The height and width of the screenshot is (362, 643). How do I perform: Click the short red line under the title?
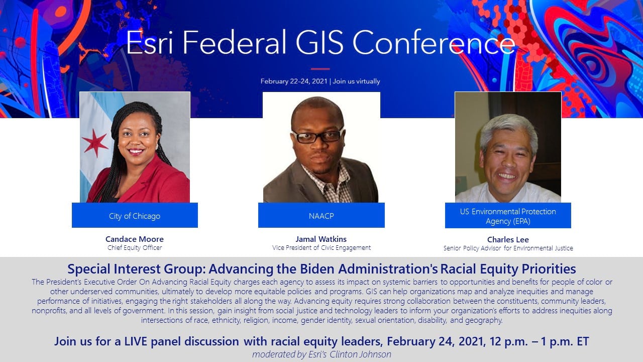point(320,68)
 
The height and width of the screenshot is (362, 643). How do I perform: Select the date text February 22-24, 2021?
point(293,81)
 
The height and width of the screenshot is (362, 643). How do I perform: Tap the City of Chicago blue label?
point(135,216)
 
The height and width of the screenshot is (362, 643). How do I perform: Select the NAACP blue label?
point(321,216)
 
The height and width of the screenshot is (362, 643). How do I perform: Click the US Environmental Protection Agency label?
point(508,216)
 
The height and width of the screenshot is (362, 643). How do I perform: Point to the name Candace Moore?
point(135,239)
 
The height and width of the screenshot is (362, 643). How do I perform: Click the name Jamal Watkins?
point(321,239)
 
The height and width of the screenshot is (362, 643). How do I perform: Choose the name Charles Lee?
point(508,239)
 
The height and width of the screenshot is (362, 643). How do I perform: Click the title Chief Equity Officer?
point(135,247)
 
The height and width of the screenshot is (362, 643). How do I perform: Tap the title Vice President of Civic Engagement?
point(321,247)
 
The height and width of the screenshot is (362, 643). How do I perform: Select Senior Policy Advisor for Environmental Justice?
point(508,248)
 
